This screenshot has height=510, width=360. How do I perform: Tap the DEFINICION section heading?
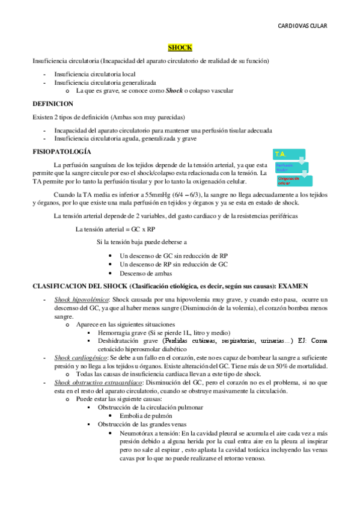(x=52, y=104)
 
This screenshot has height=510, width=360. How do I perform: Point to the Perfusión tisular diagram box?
(x=286, y=167)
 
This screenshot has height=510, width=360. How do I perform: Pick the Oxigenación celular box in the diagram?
(x=291, y=180)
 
